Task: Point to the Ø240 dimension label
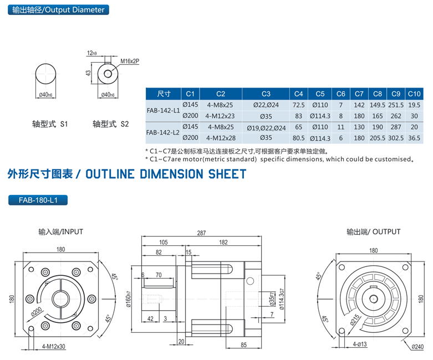[x=417, y=347]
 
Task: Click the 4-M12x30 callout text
[x=53, y=346]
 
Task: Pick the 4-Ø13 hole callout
[x=361, y=344]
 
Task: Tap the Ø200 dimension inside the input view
[x=38, y=311]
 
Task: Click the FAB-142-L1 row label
[x=163, y=110]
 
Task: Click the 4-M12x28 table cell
[x=220, y=138]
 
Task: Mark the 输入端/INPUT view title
[x=60, y=232]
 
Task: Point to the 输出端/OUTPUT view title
[x=373, y=232]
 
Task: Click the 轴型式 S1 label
[x=50, y=125]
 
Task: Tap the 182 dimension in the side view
[x=223, y=242]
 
